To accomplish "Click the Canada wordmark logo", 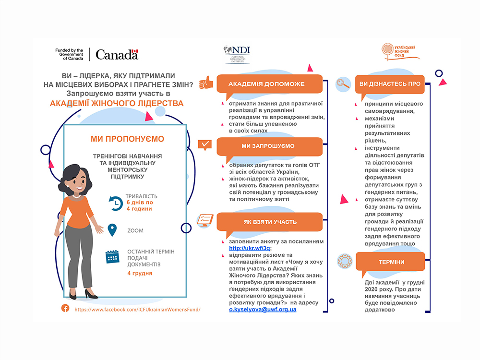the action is (117, 55).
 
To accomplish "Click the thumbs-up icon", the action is (206, 83).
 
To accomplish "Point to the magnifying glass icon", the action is (343, 84).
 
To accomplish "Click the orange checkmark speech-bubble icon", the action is (205, 145).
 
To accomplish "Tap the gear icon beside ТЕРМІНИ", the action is (345, 262).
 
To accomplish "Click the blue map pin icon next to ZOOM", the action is (112, 230).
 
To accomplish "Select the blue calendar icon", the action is (112, 256).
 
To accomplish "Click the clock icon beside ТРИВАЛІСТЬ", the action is (116, 203).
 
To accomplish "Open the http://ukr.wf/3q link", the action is (250, 248).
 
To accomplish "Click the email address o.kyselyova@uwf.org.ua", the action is (263, 310).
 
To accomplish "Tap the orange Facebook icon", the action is (65, 308).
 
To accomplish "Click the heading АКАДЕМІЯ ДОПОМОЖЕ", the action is (266, 84).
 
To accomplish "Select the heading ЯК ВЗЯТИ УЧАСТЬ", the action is (270, 222).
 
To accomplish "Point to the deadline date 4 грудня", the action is (140, 274).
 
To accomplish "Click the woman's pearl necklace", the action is (76, 196).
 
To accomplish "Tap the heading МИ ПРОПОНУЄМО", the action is (127, 139).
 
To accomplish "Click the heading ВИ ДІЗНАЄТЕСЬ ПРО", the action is (390, 84).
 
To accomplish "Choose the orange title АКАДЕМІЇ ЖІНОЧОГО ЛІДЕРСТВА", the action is (117, 103).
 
